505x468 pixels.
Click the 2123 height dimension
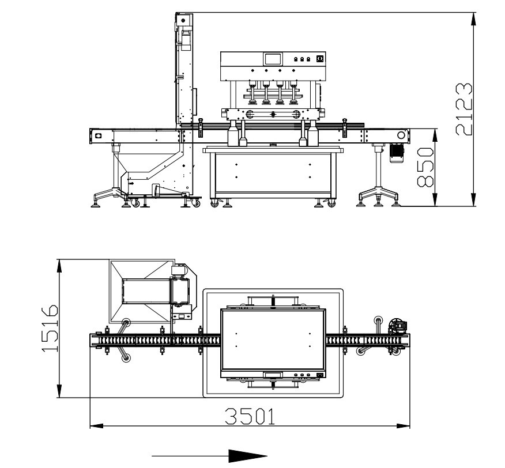click(x=464, y=109)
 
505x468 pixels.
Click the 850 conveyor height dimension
click(x=425, y=167)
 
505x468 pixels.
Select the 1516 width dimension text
click(x=50, y=328)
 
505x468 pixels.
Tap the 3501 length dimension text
click(x=250, y=416)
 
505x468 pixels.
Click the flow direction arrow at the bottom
click(x=209, y=456)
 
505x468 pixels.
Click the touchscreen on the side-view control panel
click(x=273, y=59)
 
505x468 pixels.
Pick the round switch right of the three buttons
click(x=320, y=58)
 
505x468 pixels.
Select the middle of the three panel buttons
click(x=302, y=59)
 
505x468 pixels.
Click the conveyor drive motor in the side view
click(x=397, y=153)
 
